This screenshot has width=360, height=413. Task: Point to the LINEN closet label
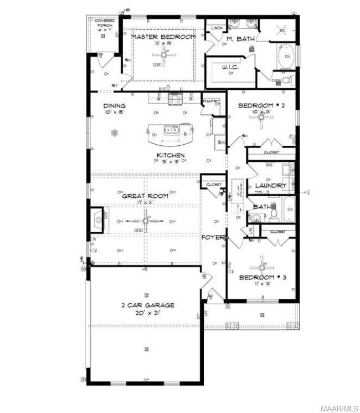pos(215,28)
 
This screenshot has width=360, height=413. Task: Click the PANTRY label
pos(211,101)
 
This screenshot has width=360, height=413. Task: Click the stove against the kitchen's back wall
pos(176,99)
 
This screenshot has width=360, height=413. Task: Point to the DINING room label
pos(115,105)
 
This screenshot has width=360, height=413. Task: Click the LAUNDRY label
pos(270,185)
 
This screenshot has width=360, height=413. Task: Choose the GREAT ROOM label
pos(145,196)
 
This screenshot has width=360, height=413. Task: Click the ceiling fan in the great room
pos(145,222)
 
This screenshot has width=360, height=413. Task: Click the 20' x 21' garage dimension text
pos(147,313)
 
